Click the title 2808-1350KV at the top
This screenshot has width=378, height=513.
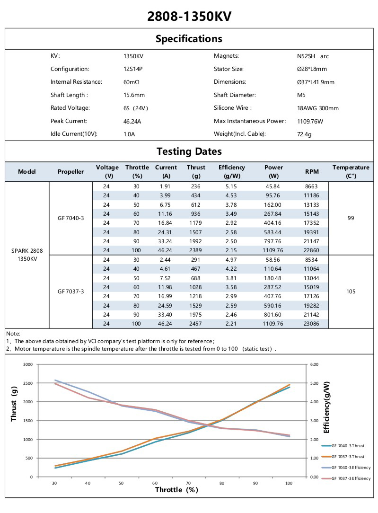189,17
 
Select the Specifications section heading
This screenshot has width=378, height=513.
189,39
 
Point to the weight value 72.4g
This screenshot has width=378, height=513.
304,134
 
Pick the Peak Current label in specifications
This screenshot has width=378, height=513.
69,121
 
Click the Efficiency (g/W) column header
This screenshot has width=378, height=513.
232,171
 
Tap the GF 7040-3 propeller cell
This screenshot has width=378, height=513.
71,218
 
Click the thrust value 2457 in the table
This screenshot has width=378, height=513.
196,323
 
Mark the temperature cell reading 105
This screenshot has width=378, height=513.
351,292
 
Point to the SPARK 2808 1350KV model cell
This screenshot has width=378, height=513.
27,255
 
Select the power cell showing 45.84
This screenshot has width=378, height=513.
273,186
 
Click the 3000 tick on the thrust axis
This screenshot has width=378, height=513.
28,364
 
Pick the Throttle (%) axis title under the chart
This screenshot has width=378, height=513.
176,490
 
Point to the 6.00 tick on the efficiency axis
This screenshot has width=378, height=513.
315,364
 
